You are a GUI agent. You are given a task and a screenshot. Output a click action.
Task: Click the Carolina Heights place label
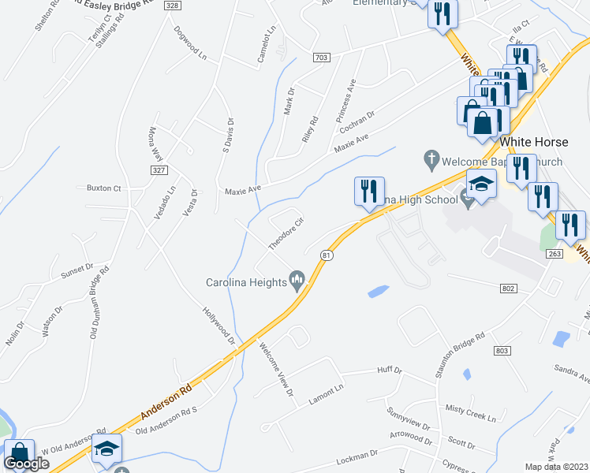tap(245, 281)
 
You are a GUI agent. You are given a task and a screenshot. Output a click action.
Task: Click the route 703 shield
tap(320, 58)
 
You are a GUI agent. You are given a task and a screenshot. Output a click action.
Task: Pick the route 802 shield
tap(508, 289)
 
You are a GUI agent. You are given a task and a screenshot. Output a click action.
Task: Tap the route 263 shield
tap(554, 253)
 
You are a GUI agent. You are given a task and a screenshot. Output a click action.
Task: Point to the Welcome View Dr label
tap(276, 369)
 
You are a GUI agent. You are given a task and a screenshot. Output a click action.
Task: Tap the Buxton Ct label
tap(103, 189)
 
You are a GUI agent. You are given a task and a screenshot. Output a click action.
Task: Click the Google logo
tap(27, 464)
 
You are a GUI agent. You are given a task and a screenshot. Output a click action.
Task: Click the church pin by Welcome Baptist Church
tap(431, 161)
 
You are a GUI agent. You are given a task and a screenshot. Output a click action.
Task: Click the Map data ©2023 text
tap(557, 467)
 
